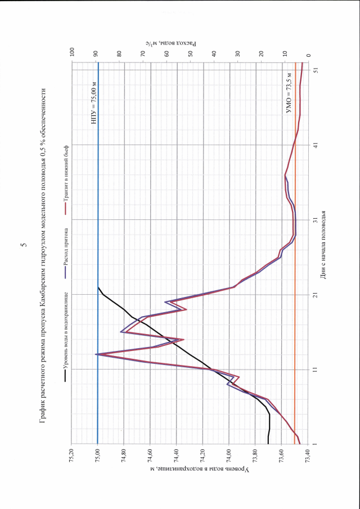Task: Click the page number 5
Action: (x=23, y=246)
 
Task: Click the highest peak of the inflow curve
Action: (x=96, y=354)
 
